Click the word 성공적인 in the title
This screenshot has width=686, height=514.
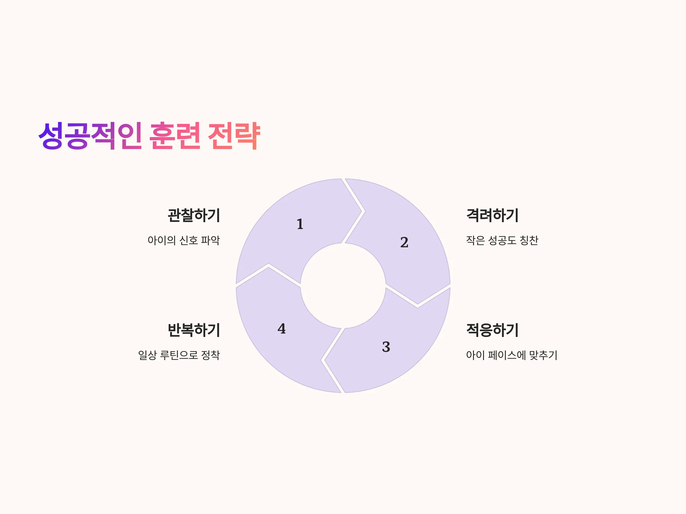pyautogui.click(x=90, y=136)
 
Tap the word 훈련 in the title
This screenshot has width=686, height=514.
pyautogui.click(x=175, y=136)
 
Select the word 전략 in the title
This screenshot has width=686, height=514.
pyautogui.click(x=234, y=136)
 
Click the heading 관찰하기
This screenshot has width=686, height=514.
pyautogui.click(x=194, y=215)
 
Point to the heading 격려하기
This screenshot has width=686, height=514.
pyautogui.click(x=492, y=215)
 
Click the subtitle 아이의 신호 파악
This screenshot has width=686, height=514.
pyautogui.click(x=184, y=240)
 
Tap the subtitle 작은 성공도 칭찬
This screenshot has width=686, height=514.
pyautogui.click(x=502, y=240)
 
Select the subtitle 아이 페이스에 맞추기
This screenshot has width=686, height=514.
pyautogui.click(x=512, y=355)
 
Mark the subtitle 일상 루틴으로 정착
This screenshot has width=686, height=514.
pyautogui.click(x=179, y=355)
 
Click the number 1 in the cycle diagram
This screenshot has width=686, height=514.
pyautogui.click(x=300, y=224)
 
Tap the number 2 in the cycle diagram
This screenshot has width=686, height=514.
pyautogui.click(x=404, y=242)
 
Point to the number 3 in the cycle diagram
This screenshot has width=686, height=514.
pyautogui.click(x=386, y=347)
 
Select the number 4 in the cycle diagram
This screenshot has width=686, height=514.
pyautogui.click(x=282, y=328)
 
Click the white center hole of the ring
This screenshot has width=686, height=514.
pyautogui.click(x=343, y=286)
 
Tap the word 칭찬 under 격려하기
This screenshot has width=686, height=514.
pyautogui.click(x=529, y=240)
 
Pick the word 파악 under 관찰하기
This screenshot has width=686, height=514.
pyautogui.click(x=211, y=240)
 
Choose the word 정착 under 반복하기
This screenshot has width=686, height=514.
pyautogui.click(x=211, y=355)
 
